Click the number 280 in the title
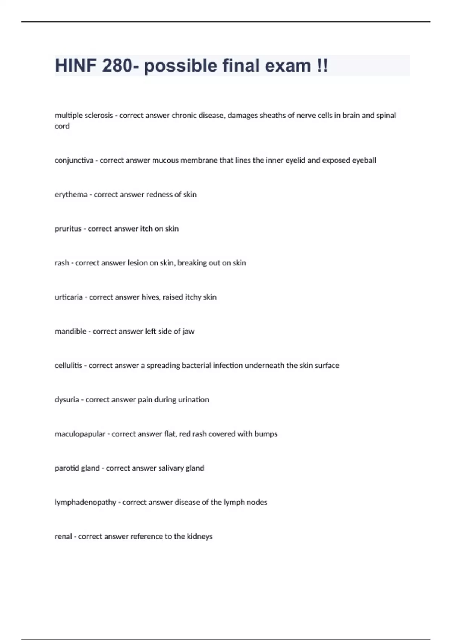point(117,66)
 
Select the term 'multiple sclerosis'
point(84,116)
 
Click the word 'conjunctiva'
point(74,160)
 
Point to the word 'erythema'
point(71,195)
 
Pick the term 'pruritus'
point(68,229)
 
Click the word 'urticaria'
point(69,297)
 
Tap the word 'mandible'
point(70,331)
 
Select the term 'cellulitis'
point(68,366)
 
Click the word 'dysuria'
point(67,400)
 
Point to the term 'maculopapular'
point(80,434)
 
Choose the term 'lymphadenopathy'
point(85,503)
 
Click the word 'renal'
point(63,536)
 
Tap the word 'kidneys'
point(200,536)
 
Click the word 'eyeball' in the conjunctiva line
point(364,160)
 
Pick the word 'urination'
point(193,400)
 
